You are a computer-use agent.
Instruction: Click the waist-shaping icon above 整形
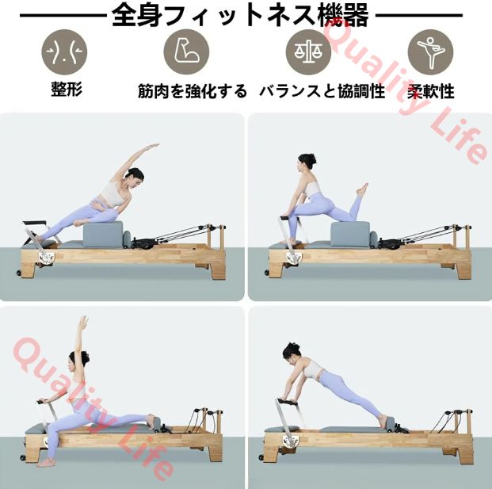coord(64,52)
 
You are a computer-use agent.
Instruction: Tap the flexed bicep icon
coord(186,52)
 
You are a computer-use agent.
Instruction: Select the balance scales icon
coord(308,52)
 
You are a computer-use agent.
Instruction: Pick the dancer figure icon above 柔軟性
coord(430,52)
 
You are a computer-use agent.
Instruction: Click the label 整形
coord(67,89)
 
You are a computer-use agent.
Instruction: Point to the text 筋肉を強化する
coord(193,91)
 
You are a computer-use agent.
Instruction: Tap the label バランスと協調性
coord(322,91)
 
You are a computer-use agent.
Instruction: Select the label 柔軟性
coord(431,92)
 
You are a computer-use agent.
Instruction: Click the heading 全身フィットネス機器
coord(240,15)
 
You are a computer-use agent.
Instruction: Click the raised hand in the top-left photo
coord(153,146)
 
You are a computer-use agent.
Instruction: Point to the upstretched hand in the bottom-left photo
coord(83,323)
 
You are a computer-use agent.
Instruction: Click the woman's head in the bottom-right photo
coord(292,352)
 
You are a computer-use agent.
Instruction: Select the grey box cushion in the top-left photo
coord(103,234)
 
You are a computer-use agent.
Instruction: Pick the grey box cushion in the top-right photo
coord(350,234)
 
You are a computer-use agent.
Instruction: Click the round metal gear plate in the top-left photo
coord(47,257)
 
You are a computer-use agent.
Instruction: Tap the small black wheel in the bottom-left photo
coord(23,457)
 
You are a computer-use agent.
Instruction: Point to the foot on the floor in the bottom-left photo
coord(45,463)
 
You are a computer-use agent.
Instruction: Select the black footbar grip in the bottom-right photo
coord(286,402)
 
